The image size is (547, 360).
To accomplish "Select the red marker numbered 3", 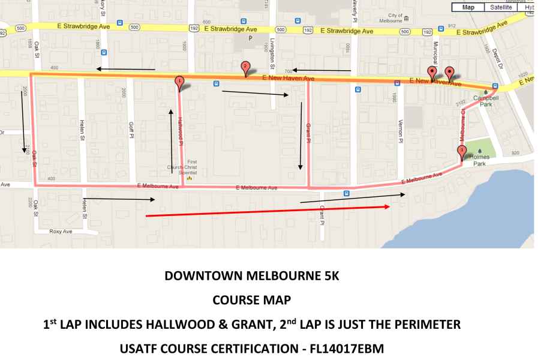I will (461, 151).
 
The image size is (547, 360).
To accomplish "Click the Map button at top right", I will (468, 7).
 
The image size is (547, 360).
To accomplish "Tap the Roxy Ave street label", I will (60, 231).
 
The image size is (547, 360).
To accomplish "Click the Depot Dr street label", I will (496, 59).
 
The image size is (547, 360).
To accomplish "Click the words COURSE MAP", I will (252, 300).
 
